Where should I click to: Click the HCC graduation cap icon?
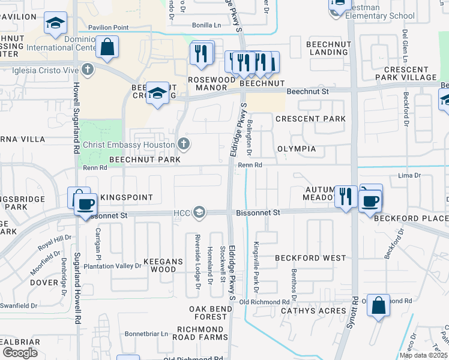pos(199,212)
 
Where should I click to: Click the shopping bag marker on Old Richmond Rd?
pos(379,305)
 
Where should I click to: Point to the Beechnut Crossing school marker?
pos(158,94)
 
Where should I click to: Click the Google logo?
pos(20,353)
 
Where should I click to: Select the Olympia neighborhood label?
pos(297,148)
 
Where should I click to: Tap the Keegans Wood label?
pos(160,266)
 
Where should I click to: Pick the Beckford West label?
pos(310,258)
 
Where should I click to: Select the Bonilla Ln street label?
pos(206,25)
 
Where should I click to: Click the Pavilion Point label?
pos(108,28)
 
